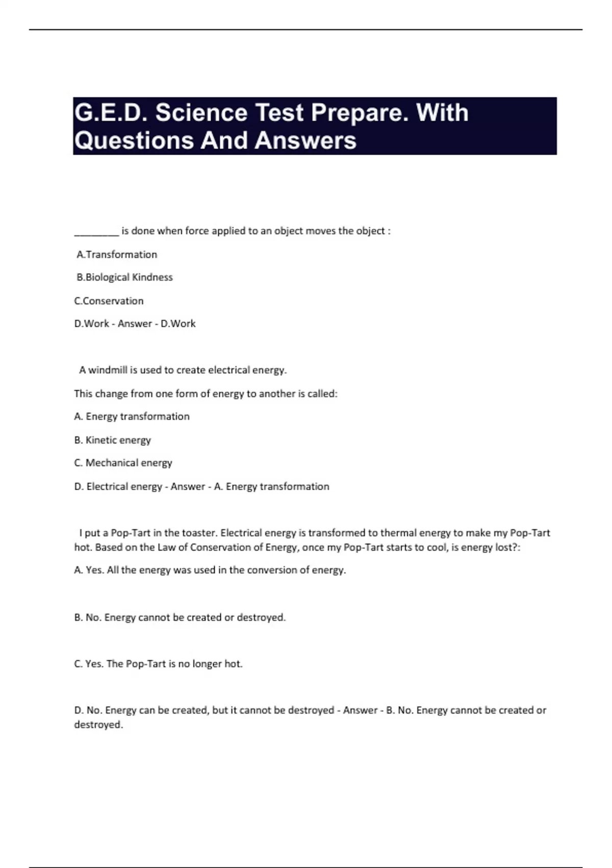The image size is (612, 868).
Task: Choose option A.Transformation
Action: pos(117,254)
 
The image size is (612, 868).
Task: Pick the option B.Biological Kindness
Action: pos(124,277)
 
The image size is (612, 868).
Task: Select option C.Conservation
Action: pos(109,301)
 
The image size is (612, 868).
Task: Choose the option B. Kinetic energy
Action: pos(112,440)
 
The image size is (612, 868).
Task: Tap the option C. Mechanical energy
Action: pos(123,463)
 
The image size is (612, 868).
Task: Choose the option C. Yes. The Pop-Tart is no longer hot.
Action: pos(158,664)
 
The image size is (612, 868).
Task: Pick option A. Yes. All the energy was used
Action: pos(210,570)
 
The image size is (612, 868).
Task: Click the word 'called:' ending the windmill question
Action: pos(322,394)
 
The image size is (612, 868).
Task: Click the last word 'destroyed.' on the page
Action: pos(98,725)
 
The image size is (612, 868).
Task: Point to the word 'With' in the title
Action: pos(442,113)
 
